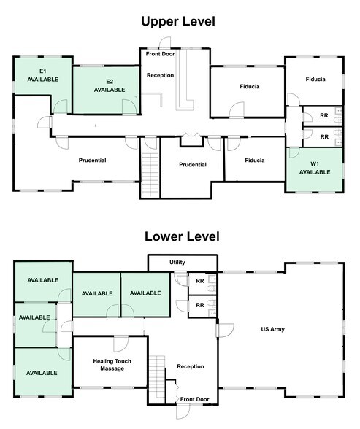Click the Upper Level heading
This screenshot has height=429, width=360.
(179, 21)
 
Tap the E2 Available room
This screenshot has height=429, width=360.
(109, 85)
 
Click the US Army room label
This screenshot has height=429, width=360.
(272, 329)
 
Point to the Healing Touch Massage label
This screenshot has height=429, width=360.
(109, 364)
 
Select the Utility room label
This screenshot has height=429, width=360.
(177, 261)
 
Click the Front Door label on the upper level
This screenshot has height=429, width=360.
(161, 53)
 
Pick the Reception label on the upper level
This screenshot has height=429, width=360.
(160, 75)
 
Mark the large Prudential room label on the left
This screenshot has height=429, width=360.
(93, 160)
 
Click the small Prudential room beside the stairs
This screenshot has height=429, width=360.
(193, 165)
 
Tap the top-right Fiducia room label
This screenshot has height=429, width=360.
(315, 78)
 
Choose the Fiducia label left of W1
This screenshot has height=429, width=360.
(255, 160)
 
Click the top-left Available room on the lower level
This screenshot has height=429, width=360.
(42, 279)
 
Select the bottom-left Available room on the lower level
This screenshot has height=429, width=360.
(42, 372)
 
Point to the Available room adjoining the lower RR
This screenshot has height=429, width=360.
(145, 293)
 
